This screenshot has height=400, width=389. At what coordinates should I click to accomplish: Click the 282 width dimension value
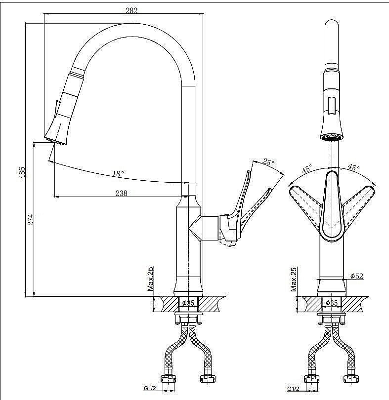(x=131, y=10)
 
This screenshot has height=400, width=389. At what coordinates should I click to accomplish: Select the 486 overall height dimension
(x=22, y=172)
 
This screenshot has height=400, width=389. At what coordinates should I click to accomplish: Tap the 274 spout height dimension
(x=30, y=219)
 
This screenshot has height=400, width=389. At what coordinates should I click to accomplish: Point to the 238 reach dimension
(x=121, y=193)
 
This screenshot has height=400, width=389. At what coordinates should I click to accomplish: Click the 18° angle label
(x=118, y=174)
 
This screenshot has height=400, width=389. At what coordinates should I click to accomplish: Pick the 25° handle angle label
(x=268, y=162)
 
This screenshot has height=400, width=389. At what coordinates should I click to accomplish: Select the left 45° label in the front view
(x=307, y=168)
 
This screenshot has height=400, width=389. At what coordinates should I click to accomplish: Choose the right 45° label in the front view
(x=354, y=167)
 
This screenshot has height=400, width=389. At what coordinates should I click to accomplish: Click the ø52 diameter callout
(x=357, y=276)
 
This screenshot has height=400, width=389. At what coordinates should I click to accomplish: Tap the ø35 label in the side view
(x=188, y=303)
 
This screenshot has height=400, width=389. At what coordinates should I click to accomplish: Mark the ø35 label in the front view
(x=332, y=303)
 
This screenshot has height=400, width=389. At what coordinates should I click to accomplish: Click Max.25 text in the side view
(x=150, y=279)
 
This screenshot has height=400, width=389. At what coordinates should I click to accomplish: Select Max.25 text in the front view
(x=294, y=280)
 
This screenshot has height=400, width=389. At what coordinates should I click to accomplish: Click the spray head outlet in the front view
(x=332, y=138)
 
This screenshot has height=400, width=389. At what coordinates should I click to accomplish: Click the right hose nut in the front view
(x=351, y=379)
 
